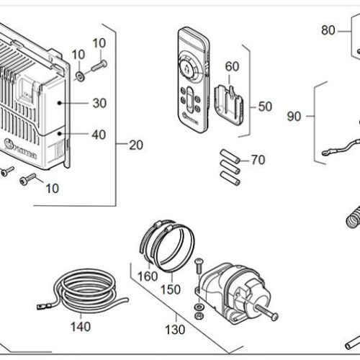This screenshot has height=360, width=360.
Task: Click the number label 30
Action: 99,104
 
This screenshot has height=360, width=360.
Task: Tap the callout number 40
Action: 99,133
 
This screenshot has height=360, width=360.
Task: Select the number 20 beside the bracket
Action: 135,144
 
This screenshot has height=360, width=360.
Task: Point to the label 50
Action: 265,107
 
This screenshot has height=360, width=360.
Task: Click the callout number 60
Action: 232,66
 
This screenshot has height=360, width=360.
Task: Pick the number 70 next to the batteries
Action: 258,160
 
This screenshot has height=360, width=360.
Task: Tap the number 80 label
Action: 328,30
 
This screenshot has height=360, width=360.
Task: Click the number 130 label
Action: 174,330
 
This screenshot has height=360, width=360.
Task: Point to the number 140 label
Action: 81,327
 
